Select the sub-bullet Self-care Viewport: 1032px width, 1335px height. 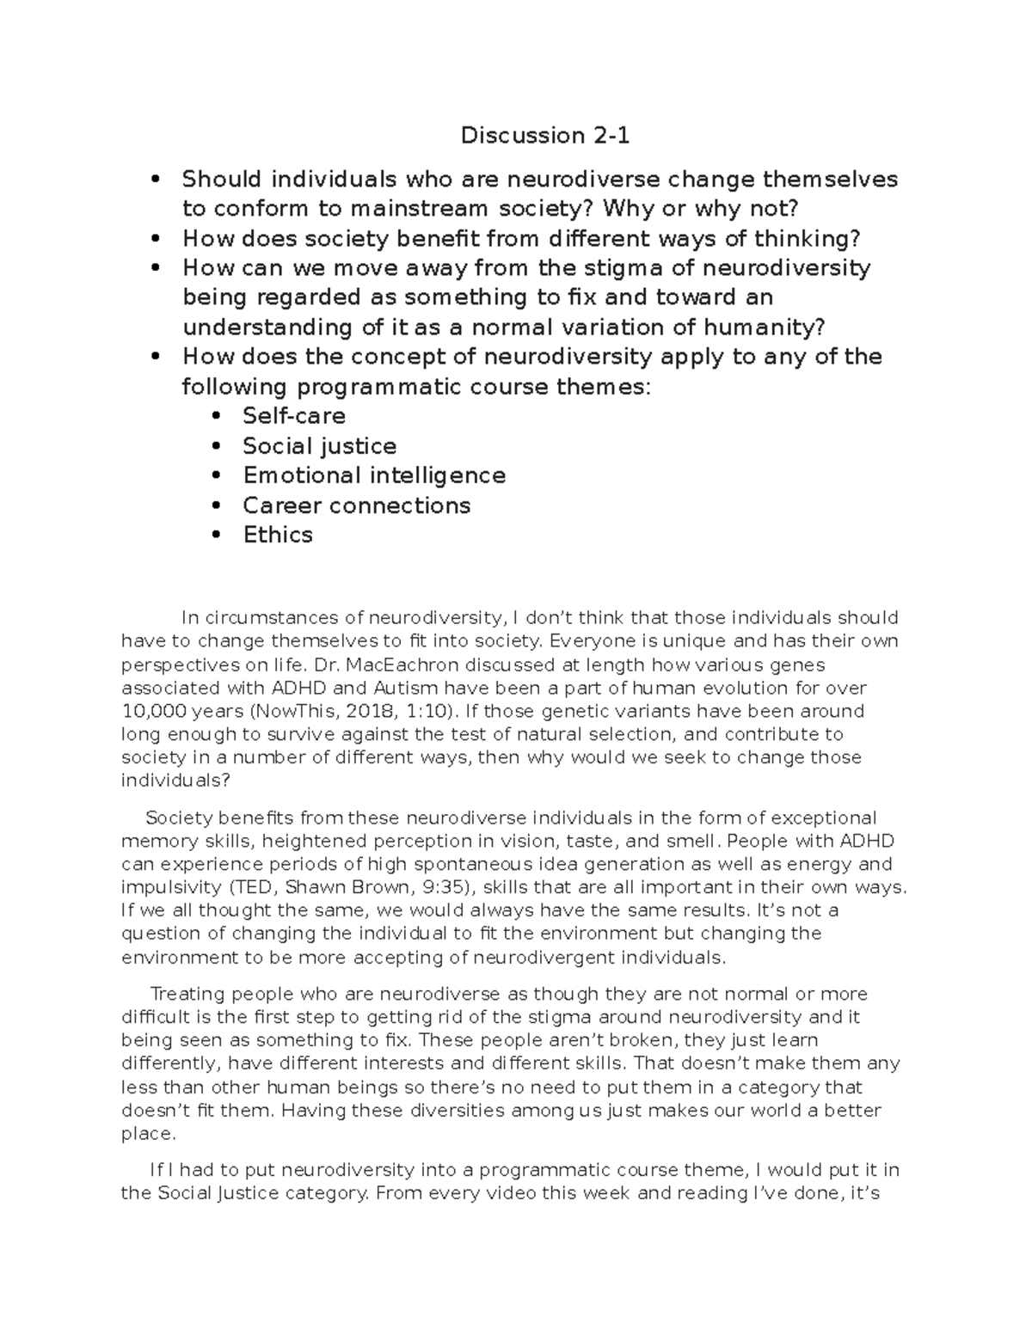click(293, 416)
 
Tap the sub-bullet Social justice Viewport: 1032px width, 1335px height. click(319, 446)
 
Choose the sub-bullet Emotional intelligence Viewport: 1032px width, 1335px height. click(373, 475)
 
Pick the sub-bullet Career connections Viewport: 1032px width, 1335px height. click(356, 505)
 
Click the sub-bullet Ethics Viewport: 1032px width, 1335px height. click(277, 535)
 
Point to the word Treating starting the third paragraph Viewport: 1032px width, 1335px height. click(187, 994)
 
